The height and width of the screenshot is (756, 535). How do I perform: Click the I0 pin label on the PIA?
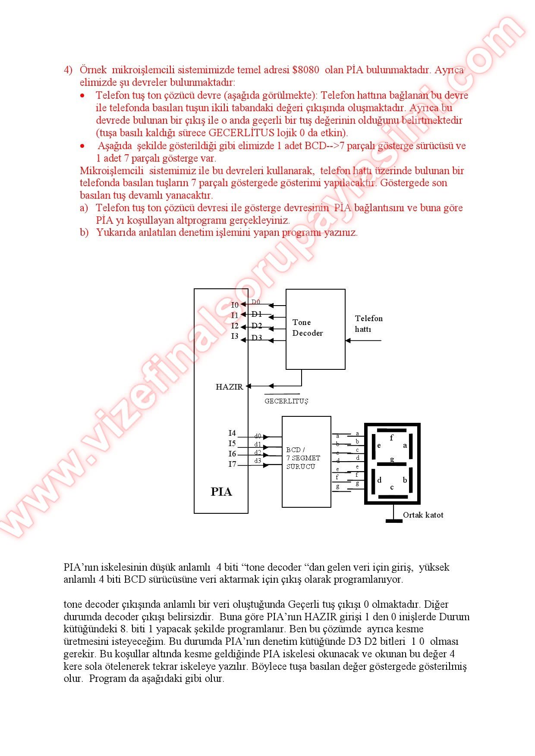point(235,305)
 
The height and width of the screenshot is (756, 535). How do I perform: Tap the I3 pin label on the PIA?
point(235,336)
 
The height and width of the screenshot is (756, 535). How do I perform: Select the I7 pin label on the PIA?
point(233,464)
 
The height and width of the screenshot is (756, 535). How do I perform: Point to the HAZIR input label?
point(229,387)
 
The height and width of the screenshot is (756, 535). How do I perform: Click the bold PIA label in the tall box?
point(221,492)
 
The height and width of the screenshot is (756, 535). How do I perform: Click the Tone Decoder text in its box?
point(307,328)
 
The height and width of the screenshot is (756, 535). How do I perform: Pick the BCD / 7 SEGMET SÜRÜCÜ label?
point(303,458)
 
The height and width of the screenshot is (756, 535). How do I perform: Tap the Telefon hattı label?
point(368,324)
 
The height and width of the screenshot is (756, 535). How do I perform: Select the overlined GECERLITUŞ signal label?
point(286,401)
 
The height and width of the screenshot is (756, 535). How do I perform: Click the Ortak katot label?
point(423,515)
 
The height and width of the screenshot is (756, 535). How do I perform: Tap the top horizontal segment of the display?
point(392,430)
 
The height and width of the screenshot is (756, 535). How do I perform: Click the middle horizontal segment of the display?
point(392,464)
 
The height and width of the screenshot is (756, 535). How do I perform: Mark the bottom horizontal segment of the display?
point(393,497)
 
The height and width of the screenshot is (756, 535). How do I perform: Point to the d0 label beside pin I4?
point(258,436)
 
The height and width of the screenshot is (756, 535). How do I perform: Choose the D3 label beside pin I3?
point(257,337)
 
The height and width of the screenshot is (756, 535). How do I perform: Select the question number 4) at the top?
point(68,70)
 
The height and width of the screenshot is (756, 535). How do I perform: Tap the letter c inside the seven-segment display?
point(392,487)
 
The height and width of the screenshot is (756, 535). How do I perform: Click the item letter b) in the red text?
point(84,233)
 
